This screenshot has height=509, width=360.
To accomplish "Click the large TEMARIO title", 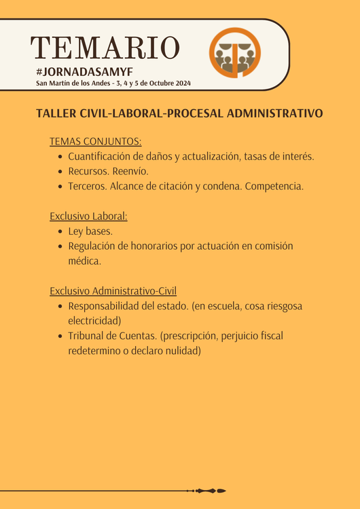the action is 105,47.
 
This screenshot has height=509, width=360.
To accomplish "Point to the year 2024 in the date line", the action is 181,83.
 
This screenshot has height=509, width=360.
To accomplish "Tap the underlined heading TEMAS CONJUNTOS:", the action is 95,141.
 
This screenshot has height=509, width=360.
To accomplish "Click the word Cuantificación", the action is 103,156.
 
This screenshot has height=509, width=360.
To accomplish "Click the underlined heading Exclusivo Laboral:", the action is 88,216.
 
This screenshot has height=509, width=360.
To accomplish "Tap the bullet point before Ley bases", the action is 61,231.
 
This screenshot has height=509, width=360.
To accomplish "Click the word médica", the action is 84,261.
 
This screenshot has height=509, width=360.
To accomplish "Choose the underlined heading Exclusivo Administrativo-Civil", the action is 113,290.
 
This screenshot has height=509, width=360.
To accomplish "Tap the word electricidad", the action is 94,320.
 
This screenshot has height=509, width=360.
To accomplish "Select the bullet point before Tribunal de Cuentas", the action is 61,336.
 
